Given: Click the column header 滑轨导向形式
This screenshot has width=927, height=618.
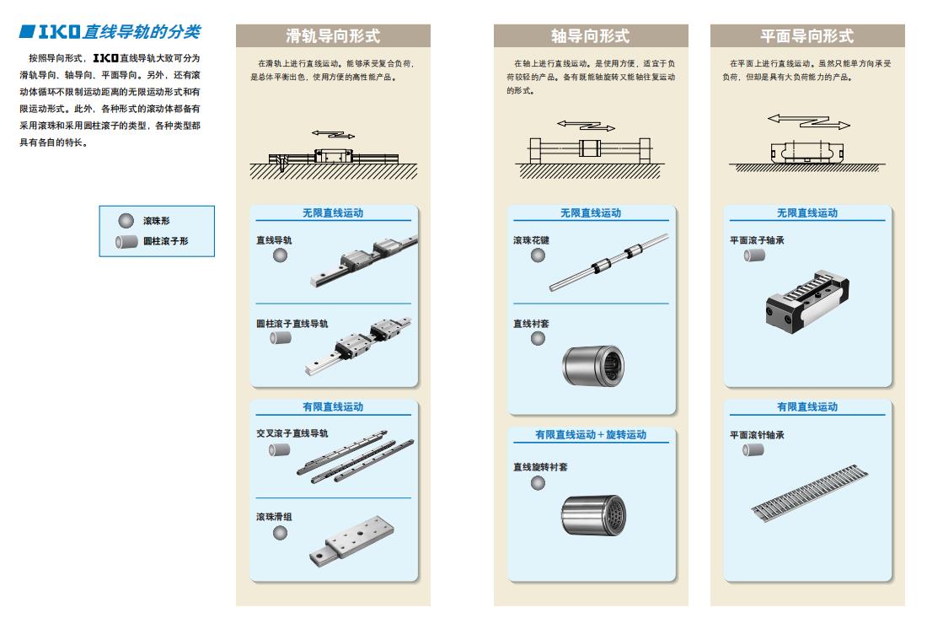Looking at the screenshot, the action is (333, 36).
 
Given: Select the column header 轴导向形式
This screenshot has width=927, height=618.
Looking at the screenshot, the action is (591, 36).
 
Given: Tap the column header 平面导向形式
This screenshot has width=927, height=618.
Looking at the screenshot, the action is (807, 36).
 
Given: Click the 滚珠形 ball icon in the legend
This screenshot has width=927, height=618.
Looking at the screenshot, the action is (126, 221).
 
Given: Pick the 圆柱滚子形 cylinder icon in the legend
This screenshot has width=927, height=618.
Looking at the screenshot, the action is (126, 241).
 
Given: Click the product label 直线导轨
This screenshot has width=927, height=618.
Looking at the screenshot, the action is (274, 240).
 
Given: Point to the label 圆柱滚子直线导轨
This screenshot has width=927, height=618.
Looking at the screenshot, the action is (292, 324).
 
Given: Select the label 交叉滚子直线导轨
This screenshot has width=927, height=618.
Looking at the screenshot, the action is (292, 433).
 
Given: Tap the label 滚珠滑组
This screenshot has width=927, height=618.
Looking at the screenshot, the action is (274, 516).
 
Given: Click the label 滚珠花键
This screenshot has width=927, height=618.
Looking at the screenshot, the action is (531, 240).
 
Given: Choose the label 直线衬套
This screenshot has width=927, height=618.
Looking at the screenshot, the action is (531, 324).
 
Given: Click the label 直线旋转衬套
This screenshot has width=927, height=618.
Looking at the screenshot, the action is (540, 466).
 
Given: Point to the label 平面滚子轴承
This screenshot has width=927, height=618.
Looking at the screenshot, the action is (757, 240).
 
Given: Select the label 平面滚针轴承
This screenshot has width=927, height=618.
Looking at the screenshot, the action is (757, 435).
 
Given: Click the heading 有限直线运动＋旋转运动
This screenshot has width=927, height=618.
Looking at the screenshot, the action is (591, 435).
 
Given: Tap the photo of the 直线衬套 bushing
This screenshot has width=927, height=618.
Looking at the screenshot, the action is (593, 365).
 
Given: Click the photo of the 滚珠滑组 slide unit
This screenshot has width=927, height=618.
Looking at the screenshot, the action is (351, 542).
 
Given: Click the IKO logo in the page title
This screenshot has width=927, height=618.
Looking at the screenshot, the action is (59, 31).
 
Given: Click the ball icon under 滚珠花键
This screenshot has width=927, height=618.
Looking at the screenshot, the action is (538, 255).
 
